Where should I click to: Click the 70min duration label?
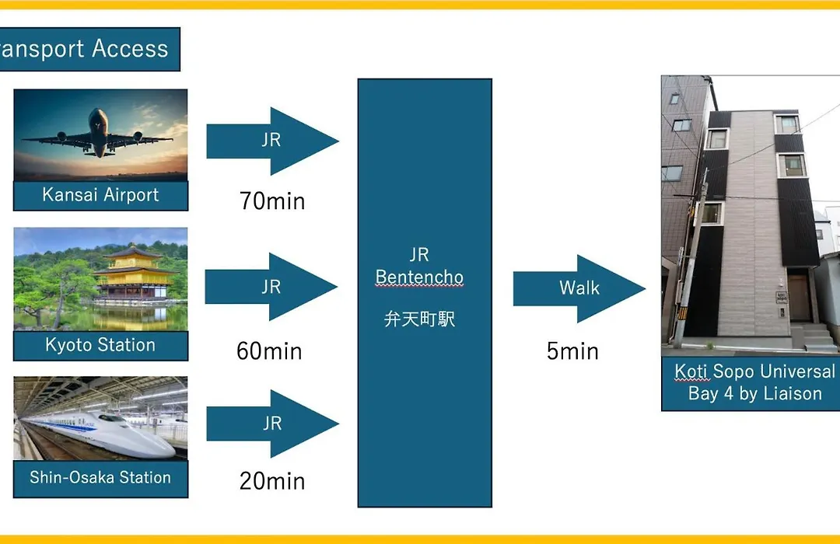pos(272,201)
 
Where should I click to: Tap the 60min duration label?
pos(269,351)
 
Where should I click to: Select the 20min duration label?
pos(272,481)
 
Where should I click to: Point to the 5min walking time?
pos(572,351)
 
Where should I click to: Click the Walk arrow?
pos(579,288)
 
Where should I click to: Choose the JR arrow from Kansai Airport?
pos(272,141)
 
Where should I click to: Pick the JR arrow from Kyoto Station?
pos(271,287)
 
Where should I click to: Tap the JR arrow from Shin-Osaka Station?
pos(272,424)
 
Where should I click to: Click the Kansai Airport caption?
pos(100,195)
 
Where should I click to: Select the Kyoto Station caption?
pos(100,345)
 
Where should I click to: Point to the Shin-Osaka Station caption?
pos(100,477)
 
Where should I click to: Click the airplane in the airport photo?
pos(98,134)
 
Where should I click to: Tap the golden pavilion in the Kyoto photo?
pos(134,273)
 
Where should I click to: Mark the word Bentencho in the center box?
pos(419,277)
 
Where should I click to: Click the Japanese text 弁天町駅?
pos(419,319)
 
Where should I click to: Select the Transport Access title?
pos(84,49)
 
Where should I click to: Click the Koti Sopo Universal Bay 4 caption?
pos(754,382)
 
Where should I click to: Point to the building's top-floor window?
pos(787,124)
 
